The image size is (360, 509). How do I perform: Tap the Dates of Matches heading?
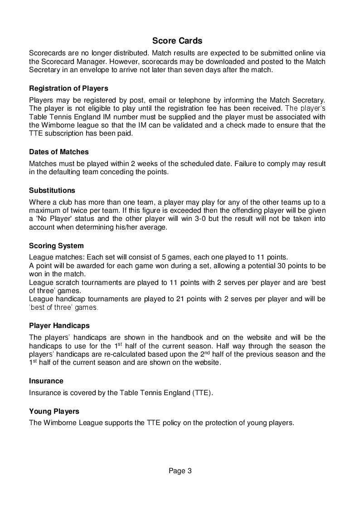[x=59, y=152]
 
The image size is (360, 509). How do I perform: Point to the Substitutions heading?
[x=52, y=190]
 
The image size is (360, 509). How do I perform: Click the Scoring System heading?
[x=56, y=246]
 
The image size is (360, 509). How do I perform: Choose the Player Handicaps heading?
[x=59, y=326]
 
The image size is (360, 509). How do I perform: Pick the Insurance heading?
[x=46, y=381]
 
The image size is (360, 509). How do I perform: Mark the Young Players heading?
[x=54, y=411]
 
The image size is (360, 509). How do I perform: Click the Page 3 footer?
[x=180, y=471]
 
